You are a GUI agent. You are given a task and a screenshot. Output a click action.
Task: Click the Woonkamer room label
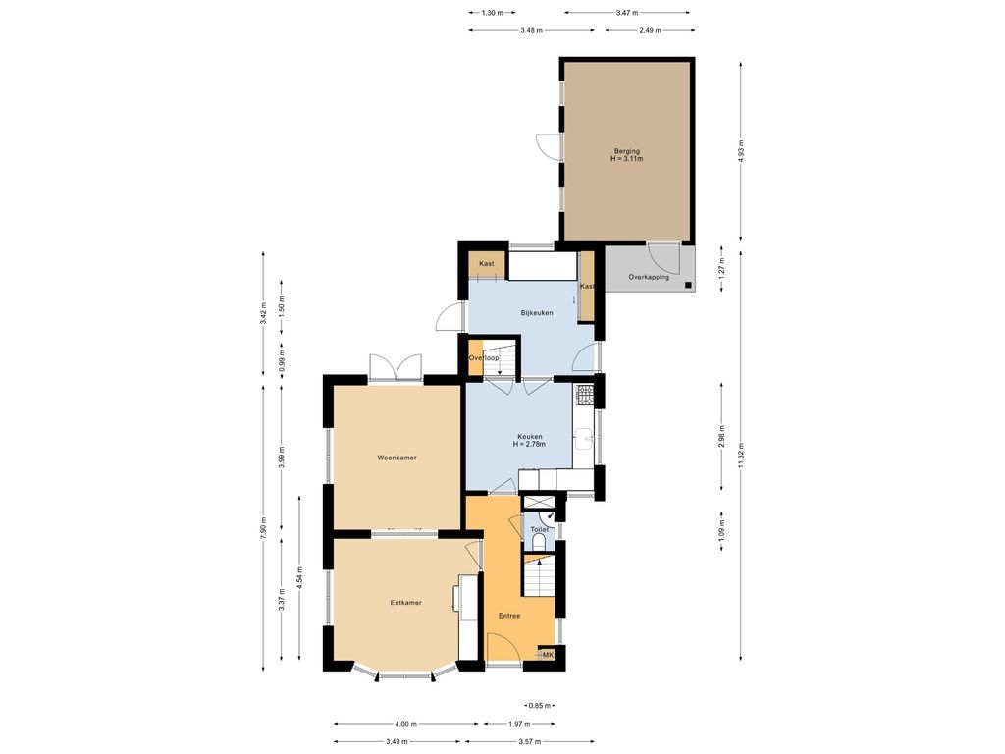pyautogui.click(x=397, y=458)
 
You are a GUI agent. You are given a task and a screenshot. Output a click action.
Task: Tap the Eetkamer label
pyautogui.click(x=405, y=603)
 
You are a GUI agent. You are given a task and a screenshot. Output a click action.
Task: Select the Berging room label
pyautogui.click(x=627, y=151)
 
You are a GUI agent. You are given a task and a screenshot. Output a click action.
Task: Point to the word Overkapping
pyautogui.click(x=649, y=277)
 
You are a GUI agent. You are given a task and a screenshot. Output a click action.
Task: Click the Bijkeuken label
pyautogui.click(x=537, y=313)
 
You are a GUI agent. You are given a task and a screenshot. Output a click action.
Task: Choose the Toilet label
pyautogui.click(x=539, y=529)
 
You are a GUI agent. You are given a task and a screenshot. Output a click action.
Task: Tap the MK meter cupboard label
pyautogui.click(x=548, y=655)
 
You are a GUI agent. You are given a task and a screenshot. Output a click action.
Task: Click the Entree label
pyautogui.click(x=509, y=616)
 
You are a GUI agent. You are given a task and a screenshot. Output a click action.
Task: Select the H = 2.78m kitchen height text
pyautogui.click(x=529, y=444)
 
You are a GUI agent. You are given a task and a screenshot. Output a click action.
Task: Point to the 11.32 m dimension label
pyautogui.click(x=741, y=456)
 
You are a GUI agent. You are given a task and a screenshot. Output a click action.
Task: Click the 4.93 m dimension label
pyautogui.click(x=741, y=151)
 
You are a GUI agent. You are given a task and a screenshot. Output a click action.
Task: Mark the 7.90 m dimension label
pyautogui.click(x=263, y=529)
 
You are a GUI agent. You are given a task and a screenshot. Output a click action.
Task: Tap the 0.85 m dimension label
pyautogui.click(x=539, y=706)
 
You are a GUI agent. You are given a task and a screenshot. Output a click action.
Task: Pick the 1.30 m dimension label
pyautogui.click(x=492, y=12)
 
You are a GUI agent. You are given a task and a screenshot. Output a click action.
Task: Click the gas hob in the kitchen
pyautogui.click(x=585, y=395)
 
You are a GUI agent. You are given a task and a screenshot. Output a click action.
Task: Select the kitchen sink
pyautogui.click(x=584, y=438)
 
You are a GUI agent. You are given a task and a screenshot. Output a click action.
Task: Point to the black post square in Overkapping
pyautogui.click(x=688, y=285)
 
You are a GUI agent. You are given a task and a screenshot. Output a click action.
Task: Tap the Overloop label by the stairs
pyautogui.click(x=483, y=357)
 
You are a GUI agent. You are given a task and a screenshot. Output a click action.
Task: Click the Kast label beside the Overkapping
pyautogui.click(x=587, y=286)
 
